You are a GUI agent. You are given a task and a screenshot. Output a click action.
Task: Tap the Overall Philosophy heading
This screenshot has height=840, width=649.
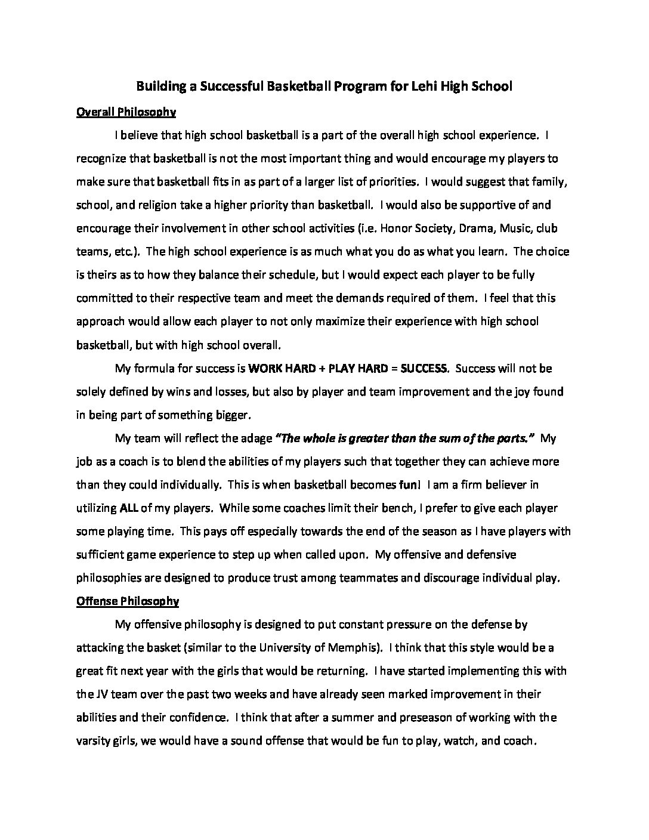[x=126, y=112]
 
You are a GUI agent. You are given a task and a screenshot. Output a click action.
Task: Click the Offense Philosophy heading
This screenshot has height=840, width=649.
[x=128, y=601]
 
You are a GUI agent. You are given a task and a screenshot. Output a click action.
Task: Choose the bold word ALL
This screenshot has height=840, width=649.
[x=129, y=508]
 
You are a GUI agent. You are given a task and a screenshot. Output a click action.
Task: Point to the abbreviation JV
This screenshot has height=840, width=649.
[x=99, y=694]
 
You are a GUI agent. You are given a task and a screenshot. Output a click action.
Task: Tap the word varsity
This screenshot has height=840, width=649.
[x=94, y=740]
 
